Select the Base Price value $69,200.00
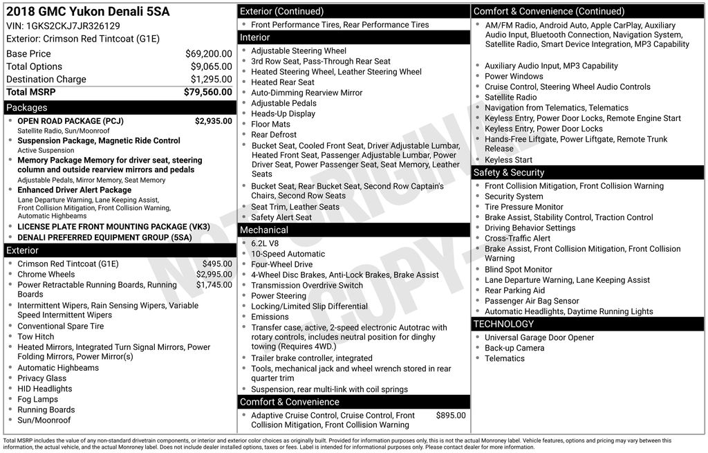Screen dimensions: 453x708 coord(208,54)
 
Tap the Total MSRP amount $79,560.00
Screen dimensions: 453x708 coord(207,92)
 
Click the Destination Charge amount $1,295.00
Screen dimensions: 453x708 coord(211,79)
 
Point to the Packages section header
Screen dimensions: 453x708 coord(27,108)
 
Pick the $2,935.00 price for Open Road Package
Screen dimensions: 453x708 coord(213,121)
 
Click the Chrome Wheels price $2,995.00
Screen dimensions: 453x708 coord(214,275)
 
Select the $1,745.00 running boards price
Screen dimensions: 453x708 coord(214,285)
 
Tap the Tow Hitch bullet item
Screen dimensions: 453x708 coord(36,337)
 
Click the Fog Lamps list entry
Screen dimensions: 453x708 coord(38,399)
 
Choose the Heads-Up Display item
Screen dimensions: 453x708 coord(283,114)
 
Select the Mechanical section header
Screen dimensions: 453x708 coord(264,230)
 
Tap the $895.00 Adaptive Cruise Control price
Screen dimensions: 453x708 coord(451,416)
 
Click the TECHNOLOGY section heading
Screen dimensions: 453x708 coord(503,324)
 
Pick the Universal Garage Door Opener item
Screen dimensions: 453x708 coord(539,338)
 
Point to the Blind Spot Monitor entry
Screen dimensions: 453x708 coord(519,270)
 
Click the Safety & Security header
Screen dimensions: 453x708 coord(509,173)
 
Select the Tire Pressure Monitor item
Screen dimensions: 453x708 coord(524,207)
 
